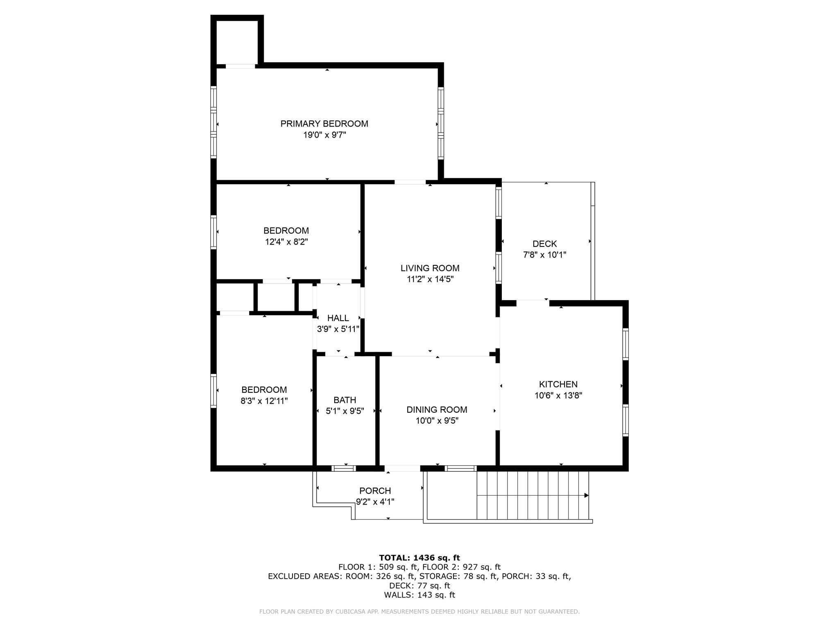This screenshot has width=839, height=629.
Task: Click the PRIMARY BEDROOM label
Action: [324, 124]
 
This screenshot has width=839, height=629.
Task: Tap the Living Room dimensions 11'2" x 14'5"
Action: [430, 279]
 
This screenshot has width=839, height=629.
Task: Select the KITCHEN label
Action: [558, 384]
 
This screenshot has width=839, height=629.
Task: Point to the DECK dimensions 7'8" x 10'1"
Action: [544, 255]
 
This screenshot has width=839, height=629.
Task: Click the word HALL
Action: [338, 318]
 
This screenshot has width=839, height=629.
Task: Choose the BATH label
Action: [345, 400]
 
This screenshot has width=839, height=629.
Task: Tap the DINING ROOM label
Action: [437, 410]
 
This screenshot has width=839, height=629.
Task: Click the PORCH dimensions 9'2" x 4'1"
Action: [375, 502]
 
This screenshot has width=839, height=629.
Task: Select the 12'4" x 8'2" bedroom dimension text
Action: [286, 242]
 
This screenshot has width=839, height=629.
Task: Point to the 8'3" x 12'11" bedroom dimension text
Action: [264, 401]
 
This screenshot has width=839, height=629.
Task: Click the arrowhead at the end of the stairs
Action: [586, 496]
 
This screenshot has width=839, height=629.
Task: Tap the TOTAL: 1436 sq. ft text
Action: [419, 558]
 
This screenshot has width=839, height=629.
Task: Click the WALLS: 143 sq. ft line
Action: [419, 595]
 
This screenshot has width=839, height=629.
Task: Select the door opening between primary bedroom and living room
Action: [410, 182]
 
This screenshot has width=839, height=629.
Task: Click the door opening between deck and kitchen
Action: [532, 303]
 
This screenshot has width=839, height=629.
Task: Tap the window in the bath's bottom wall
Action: [343, 468]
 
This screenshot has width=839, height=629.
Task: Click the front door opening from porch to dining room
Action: [402, 468]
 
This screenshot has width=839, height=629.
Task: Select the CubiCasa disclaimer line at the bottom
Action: [419, 611]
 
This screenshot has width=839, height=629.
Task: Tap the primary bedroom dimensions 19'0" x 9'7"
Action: [324, 135]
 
